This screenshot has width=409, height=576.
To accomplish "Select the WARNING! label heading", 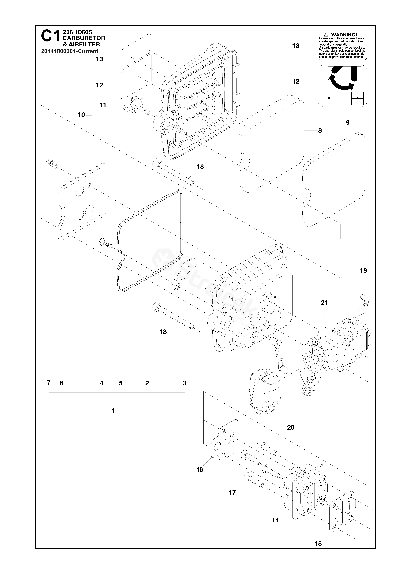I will click(x=344, y=35).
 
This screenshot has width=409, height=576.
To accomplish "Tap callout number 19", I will click(x=363, y=271).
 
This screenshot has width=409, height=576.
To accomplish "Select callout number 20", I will click(x=291, y=427).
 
